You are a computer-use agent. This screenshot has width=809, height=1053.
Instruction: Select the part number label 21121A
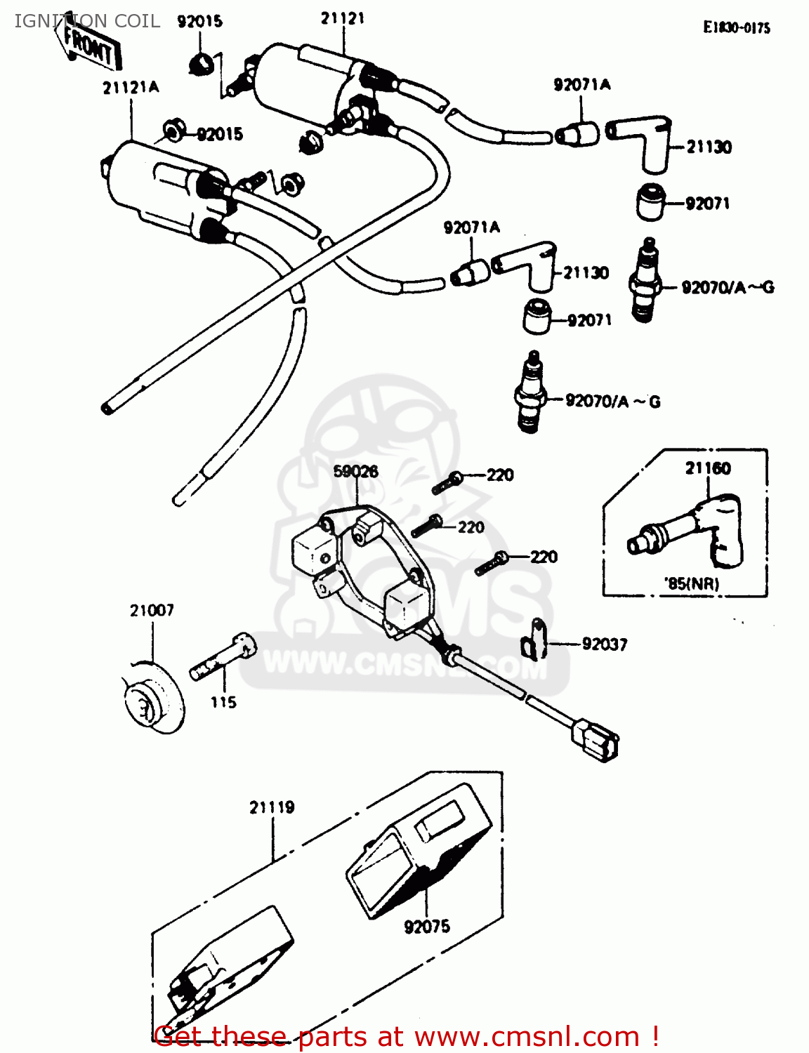tap(131, 88)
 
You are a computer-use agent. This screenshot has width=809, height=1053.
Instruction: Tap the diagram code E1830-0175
tap(737, 28)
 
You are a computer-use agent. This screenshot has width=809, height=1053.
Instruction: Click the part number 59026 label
tap(355, 471)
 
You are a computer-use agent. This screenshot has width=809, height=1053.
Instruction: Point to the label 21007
tap(152, 611)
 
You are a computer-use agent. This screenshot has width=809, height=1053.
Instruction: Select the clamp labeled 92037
tap(534, 639)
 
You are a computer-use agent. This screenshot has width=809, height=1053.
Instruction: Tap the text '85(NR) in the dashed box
tap(691, 583)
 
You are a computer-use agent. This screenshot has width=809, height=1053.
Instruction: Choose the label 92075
tap(427, 927)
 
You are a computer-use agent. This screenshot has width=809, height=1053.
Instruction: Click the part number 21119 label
tap(272, 808)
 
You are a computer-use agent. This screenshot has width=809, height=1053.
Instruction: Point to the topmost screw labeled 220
tap(447, 483)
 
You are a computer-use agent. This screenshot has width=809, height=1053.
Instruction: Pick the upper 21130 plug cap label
tap(709, 147)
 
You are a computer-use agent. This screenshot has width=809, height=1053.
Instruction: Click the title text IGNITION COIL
tap(87, 21)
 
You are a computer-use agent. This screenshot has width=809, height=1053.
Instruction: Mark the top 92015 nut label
tap(200, 22)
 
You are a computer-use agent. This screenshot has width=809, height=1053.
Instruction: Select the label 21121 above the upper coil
tap(343, 19)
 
